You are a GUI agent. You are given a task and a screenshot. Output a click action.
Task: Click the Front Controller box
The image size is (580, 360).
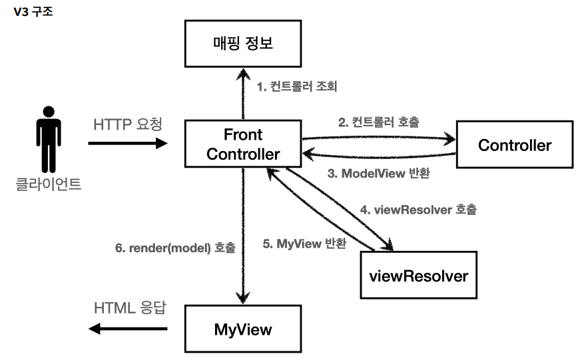point(243,144)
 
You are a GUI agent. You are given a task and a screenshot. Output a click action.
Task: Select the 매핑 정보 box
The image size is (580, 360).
point(243,44)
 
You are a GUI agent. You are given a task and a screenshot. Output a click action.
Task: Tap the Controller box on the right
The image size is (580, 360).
point(515,144)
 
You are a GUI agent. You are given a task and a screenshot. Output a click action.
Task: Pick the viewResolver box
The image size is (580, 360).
point(418,275)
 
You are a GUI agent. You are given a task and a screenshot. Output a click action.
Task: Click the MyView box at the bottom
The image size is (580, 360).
point(243,329)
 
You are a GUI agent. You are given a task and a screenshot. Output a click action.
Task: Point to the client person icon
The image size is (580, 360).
point(49,140)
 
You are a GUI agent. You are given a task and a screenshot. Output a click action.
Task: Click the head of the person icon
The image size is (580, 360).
point(49,112)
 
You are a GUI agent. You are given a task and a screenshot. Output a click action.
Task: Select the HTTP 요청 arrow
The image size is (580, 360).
point(128,143)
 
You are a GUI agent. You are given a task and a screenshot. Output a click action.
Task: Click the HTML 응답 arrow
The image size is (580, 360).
point(128,329)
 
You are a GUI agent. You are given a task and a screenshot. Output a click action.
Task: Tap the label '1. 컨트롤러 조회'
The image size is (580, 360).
point(297,87)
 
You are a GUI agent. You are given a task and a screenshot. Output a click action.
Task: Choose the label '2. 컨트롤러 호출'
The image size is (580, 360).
point(379,122)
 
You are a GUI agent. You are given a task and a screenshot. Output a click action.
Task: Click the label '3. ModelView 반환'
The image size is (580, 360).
point(379,173)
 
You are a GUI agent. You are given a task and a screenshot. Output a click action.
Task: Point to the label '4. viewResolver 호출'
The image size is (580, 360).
point(418,210)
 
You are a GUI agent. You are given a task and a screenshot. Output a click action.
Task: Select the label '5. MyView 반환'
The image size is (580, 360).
point(304,244)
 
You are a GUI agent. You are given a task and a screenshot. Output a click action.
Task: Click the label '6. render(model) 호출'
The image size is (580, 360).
point(175,248)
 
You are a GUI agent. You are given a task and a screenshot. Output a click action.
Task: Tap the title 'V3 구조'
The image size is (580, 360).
point(33,12)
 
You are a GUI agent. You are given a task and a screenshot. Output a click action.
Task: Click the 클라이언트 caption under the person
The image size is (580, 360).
point(49,184)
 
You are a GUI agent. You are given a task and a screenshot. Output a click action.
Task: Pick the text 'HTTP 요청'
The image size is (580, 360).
point(128,124)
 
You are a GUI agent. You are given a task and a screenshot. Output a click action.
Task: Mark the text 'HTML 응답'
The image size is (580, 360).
point(131,308)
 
